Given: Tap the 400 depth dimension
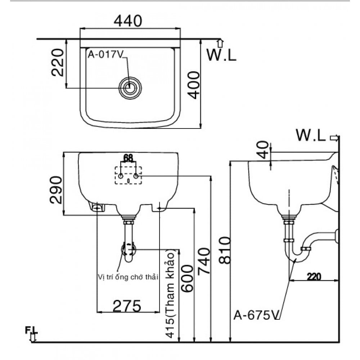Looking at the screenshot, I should coord(194,85).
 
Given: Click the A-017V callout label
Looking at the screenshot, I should coord(106,55).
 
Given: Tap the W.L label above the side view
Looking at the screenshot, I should coord(311,136).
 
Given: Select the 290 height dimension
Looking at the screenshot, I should coord(56,189).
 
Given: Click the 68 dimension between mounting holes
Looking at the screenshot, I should coord(128,158).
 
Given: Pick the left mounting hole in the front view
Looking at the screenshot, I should coord(121,176).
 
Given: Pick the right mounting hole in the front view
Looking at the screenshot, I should coord(136,176).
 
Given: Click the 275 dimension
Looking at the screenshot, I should coord(127,306).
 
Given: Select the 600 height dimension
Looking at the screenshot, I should coord(188,279).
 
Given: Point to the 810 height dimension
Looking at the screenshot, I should coord(224,251).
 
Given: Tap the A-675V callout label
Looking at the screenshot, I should coord(256,316).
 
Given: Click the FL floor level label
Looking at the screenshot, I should coord(31,329).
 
